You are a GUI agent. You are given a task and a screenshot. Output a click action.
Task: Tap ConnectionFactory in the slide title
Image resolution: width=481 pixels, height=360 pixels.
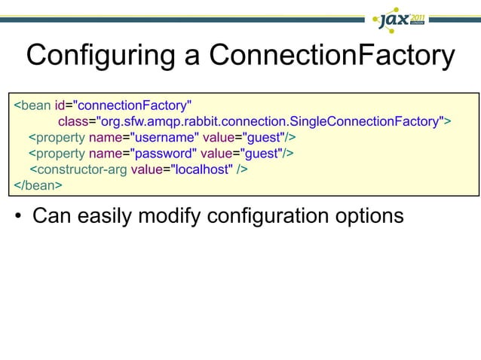point(332,56)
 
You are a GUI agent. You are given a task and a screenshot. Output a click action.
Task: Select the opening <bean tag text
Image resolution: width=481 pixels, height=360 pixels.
point(32,103)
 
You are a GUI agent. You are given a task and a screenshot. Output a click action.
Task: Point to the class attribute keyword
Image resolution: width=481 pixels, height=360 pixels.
point(73,121)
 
